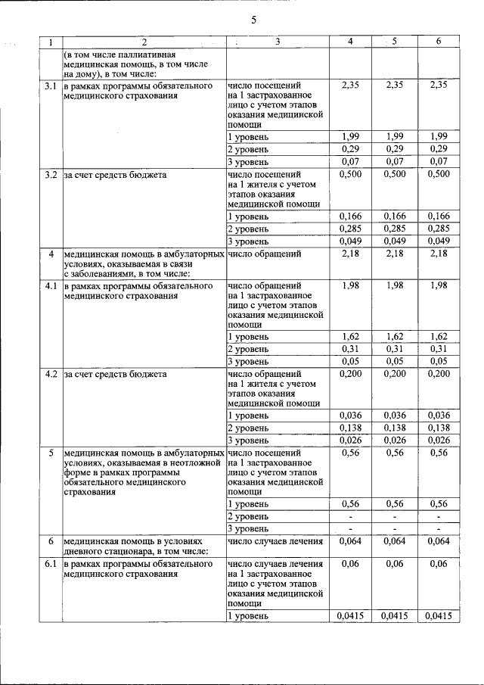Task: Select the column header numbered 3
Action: click(278, 41)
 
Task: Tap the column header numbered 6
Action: click(439, 41)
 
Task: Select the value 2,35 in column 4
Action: click(350, 86)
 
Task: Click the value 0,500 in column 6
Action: click(439, 174)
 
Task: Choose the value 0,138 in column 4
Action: click(350, 428)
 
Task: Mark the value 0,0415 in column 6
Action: click(439, 617)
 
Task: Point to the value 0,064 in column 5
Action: click(394, 540)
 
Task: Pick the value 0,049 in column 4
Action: click(350, 241)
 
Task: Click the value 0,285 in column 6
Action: click(439, 229)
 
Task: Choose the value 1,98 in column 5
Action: click(394, 285)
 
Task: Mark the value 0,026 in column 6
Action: click(439, 441)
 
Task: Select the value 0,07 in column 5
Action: click(394, 162)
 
